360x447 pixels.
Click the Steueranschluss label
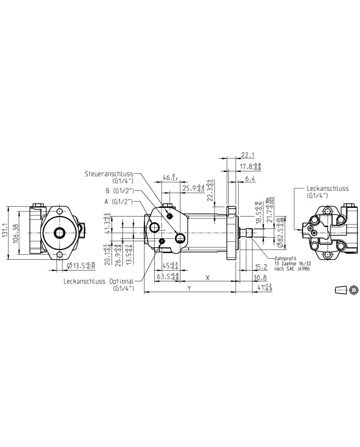tap(112, 175)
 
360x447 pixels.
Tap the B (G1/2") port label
tap(119, 190)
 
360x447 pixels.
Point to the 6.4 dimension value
tap(250, 178)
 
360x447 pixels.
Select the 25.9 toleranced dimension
tap(193, 188)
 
